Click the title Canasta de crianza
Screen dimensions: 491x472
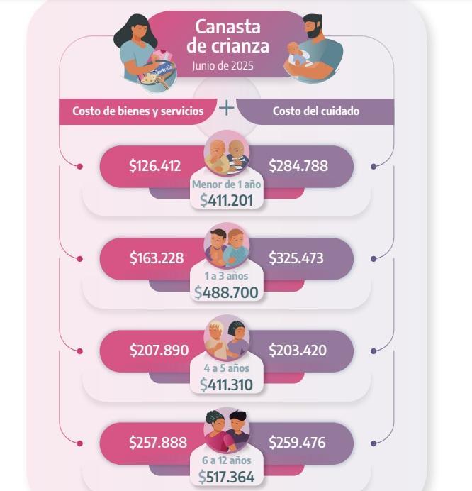click(x=227, y=37)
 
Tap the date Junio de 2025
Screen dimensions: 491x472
click(x=223, y=66)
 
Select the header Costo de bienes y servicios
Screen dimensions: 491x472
click(x=138, y=111)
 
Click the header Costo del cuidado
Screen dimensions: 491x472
click(x=316, y=111)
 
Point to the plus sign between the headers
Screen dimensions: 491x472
click(x=226, y=108)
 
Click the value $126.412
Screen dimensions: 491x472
click(x=154, y=166)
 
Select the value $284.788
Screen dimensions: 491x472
click(x=298, y=166)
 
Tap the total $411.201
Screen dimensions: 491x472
click(x=226, y=200)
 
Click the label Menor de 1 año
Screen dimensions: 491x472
click(x=227, y=184)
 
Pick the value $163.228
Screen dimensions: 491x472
click(x=157, y=258)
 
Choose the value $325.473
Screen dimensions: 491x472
click(x=296, y=258)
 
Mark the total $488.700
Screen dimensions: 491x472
click(x=226, y=292)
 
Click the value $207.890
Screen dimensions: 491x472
click(x=159, y=350)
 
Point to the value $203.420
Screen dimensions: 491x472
click(x=298, y=350)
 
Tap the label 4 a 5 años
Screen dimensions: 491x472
click(x=227, y=368)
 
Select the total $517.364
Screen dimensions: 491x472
click(x=226, y=477)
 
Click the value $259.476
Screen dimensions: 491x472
click(x=297, y=443)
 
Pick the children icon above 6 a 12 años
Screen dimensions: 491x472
click(x=227, y=429)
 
